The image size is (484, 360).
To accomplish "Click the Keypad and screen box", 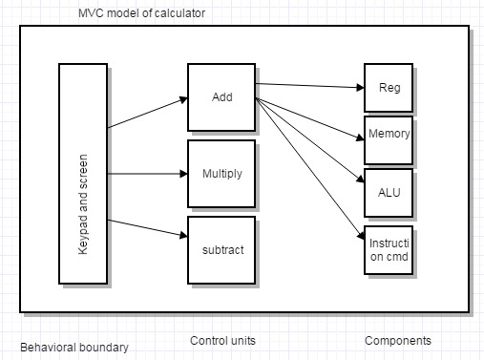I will click(x=83, y=174).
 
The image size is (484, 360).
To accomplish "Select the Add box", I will click(x=221, y=97).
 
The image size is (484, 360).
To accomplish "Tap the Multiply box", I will click(x=221, y=174).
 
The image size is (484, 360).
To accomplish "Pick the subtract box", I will click(x=221, y=250).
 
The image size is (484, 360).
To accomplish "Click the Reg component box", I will click(x=389, y=88).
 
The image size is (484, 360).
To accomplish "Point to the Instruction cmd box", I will click(x=389, y=251).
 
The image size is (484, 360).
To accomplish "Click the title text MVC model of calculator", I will click(x=141, y=12).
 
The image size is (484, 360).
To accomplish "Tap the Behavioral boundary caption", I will click(x=74, y=345).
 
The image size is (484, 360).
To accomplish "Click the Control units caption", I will click(x=222, y=341).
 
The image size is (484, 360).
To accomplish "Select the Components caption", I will click(x=398, y=341).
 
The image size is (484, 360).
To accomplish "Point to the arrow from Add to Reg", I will click(x=310, y=86).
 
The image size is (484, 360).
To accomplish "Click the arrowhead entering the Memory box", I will click(x=359, y=131).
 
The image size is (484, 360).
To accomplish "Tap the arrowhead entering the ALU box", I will click(x=359, y=179).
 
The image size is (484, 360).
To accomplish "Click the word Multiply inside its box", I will click(x=221, y=174).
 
